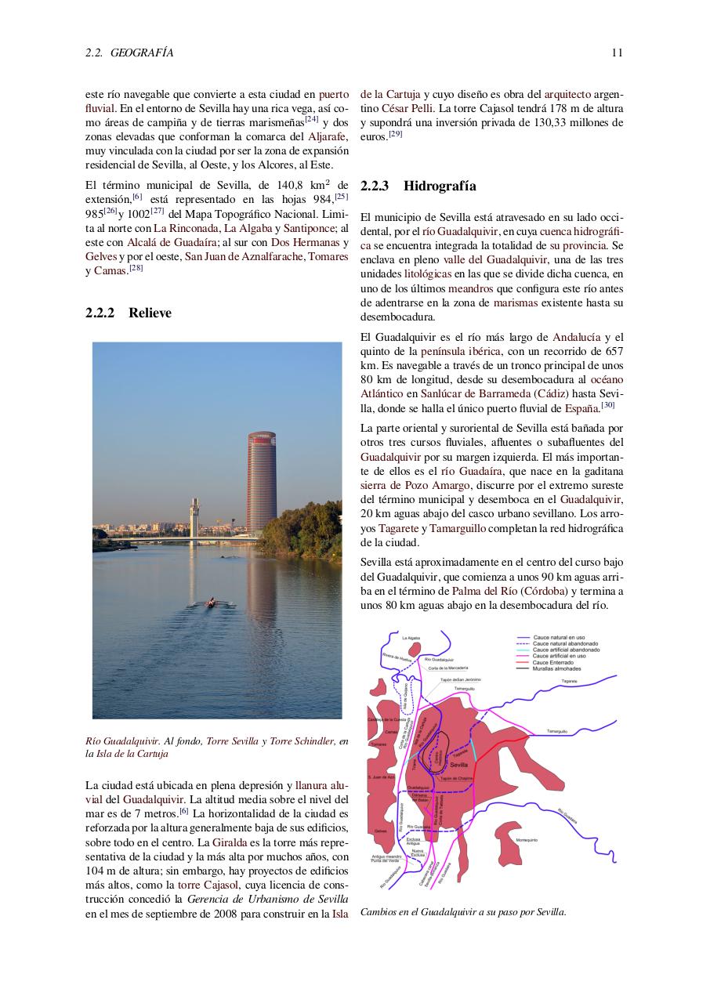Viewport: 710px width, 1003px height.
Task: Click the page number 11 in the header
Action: coord(618,53)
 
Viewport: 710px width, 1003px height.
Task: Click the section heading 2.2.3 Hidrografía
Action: coord(418,186)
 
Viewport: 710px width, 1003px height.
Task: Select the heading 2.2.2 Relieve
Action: coord(129,313)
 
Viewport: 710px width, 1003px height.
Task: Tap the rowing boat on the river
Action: coord(210,602)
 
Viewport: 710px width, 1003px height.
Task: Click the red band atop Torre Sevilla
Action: coord(262,436)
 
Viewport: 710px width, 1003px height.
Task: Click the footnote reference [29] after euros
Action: coord(396,134)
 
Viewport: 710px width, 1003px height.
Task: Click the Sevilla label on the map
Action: coord(460,764)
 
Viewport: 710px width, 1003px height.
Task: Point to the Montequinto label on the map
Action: coord(527,840)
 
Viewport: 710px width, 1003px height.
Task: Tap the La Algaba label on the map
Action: coord(411,639)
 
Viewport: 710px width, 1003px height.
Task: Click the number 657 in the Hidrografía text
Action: coord(614,351)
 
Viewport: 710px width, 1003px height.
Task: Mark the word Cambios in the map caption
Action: coord(378,912)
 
